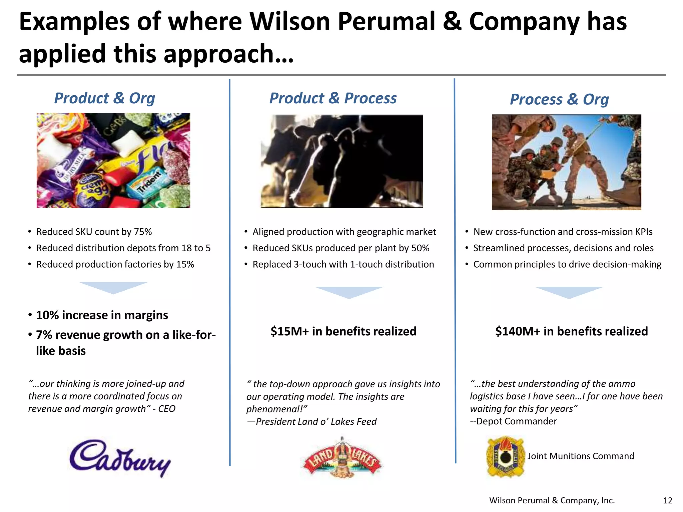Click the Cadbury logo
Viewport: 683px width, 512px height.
point(120,457)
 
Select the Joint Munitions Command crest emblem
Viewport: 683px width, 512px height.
point(505,457)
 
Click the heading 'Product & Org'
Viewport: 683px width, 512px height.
point(104,98)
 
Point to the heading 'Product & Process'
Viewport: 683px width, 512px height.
point(333,98)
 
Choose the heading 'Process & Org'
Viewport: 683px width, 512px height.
point(559,99)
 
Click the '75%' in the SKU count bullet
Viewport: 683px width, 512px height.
point(143,232)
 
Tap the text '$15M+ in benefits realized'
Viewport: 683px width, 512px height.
point(343,331)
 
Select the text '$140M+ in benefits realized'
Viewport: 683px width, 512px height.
point(571,331)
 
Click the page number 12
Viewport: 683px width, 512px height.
point(668,500)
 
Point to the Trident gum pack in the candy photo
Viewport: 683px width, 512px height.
point(149,182)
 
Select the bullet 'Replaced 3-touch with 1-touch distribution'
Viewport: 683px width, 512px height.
point(343,264)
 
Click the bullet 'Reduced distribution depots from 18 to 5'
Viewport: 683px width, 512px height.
point(123,248)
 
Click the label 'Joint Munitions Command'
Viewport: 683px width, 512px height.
point(581,456)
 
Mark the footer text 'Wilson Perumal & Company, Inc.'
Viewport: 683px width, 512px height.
point(552,500)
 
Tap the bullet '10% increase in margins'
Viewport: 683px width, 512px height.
point(102,315)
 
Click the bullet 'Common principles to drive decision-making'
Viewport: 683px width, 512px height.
point(567,264)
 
